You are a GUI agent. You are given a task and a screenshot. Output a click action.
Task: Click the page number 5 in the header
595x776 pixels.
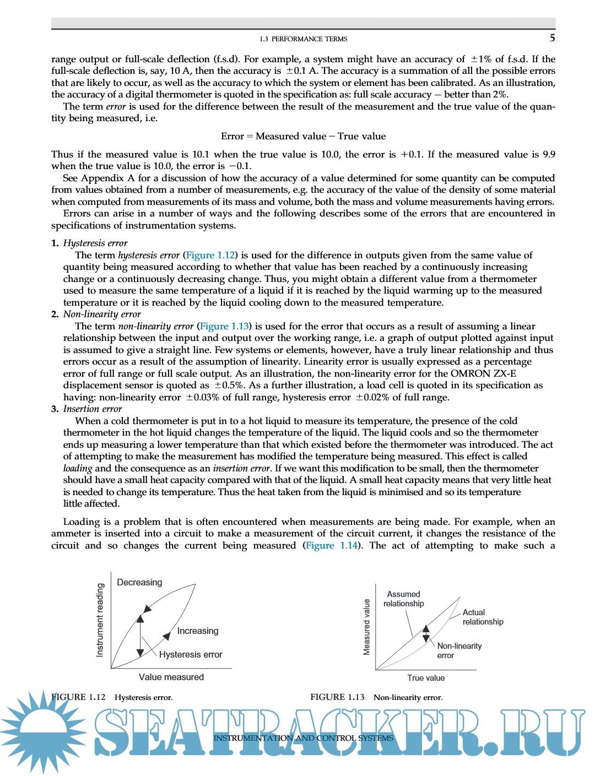pyautogui.click(x=552, y=38)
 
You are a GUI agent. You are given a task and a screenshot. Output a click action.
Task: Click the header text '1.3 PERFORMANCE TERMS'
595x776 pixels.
pyautogui.click(x=304, y=39)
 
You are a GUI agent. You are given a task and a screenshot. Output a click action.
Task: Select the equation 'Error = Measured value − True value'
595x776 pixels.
pyautogui.click(x=303, y=136)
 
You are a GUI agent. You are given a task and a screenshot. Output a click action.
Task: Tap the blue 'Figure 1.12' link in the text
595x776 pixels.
pyautogui.click(x=210, y=255)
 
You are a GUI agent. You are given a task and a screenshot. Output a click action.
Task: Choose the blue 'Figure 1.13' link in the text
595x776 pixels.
pyautogui.click(x=224, y=326)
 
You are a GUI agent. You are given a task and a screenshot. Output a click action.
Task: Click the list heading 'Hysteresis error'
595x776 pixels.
pyautogui.click(x=95, y=243)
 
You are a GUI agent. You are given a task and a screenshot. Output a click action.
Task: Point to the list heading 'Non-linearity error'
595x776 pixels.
pyautogui.click(x=102, y=314)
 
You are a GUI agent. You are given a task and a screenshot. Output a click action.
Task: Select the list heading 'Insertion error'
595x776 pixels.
pyautogui.click(x=93, y=409)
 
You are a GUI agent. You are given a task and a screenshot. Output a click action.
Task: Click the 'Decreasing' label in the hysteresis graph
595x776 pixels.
pyautogui.click(x=139, y=582)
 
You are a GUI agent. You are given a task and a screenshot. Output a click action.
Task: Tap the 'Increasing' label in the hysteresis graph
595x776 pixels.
pyautogui.click(x=197, y=631)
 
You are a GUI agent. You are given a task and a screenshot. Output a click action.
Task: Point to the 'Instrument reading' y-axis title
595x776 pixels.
pyautogui.click(x=100, y=620)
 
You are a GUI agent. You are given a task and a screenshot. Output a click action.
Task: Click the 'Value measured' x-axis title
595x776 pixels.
pyautogui.click(x=171, y=677)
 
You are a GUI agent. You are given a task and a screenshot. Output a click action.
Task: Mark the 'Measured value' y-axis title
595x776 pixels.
pyautogui.click(x=366, y=627)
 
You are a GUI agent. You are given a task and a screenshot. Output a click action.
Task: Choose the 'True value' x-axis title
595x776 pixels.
pyautogui.click(x=426, y=678)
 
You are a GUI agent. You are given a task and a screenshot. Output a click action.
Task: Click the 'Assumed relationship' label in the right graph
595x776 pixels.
pyautogui.click(x=403, y=599)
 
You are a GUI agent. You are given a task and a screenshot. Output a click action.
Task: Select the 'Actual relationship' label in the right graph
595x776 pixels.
pyautogui.click(x=482, y=617)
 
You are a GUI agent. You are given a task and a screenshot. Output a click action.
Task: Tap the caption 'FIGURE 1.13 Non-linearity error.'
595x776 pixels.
pyautogui.click(x=376, y=697)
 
